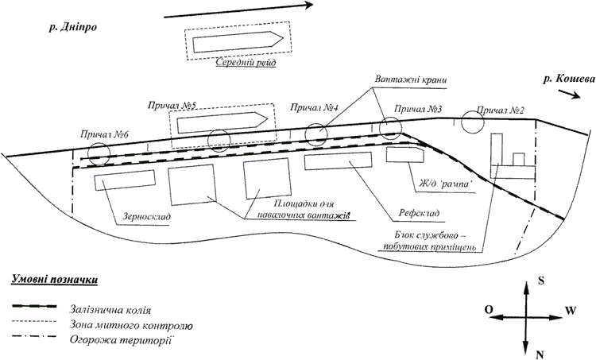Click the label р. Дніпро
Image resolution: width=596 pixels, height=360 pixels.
pyautogui.click(x=73, y=28)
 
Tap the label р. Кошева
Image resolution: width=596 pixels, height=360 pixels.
pyautogui.click(x=569, y=79)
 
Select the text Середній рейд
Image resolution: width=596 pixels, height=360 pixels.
pyautogui.click(x=246, y=62)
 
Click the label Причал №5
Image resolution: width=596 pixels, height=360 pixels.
pyautogui.click(x=172, y=106)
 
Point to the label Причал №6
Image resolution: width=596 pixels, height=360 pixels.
pyautogui.click(x=105, y=134)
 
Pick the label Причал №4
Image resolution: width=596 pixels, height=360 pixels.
pyautogui.click(x=315, y=107)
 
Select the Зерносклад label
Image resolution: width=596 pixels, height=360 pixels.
pyautogui.click(x=147, y=217)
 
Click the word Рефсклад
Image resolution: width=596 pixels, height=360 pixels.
pyautogui.click(x=419, y=213)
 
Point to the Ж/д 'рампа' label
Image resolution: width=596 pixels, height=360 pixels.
pyautogui.click(x=444, y=184)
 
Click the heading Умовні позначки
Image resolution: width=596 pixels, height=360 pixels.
pyautogui.click(x=54, y=280)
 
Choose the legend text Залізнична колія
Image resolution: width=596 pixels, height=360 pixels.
pyautogui.click(x=110, y=310)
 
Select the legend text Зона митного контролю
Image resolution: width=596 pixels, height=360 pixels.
pyautogui.click(x=131, y=325)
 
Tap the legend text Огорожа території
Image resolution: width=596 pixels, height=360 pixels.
pyautogui.click(x=122, y=339)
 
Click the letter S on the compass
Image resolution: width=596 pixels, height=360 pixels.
pyautogui.click(x=541, y=281)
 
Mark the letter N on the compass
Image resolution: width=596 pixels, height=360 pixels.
pyautogui.click(x=540, y=354)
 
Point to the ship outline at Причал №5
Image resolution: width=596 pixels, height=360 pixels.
pyautogui.click(x=223, y=122)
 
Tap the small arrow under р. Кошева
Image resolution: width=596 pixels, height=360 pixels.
pyautogui.click(x=570, y=94)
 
